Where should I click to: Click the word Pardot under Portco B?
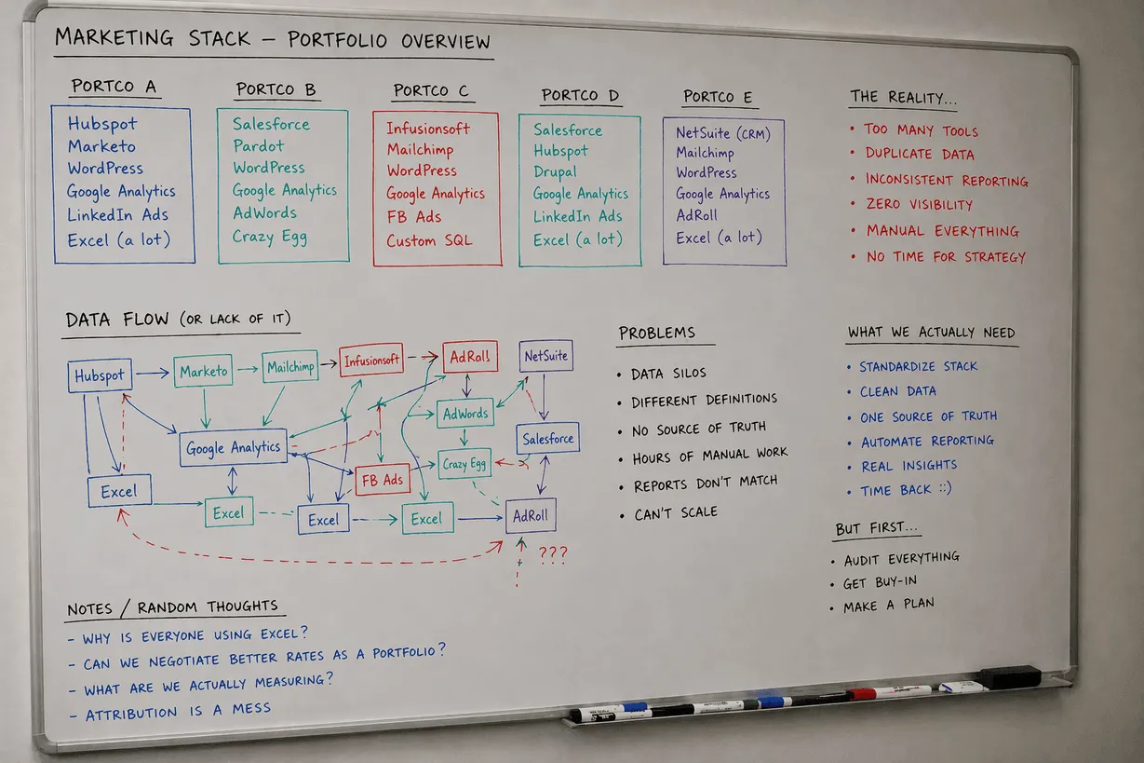click(x=259, y=146)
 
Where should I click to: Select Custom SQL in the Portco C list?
click(x=429, y=240)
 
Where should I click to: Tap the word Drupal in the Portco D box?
click(x=555, y=172)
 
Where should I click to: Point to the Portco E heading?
click(x=718, y=97)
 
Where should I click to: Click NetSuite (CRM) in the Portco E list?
click(x=723, y=132)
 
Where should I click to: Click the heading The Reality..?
click(x=903, y=96)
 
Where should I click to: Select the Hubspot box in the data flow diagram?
click(x=100, y=375)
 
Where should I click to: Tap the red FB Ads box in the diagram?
click(x=383, y=480)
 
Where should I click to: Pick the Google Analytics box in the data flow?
click(x=233, y=447)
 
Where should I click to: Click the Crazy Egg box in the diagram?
click(x=464, y=463)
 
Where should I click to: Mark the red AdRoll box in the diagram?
click(x=470, y=357)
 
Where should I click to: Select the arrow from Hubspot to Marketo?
click(x=154, y=373)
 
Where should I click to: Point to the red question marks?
click(x=553, y=554)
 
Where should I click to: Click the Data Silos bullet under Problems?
click(x=668, y=374)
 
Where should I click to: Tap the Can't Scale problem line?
click(x=675, y=513)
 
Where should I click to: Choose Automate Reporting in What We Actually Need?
click(x=927, y=442)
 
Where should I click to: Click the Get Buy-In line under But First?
click(x=880, y=582)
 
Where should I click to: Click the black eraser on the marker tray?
click(x=1009, y=677)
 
